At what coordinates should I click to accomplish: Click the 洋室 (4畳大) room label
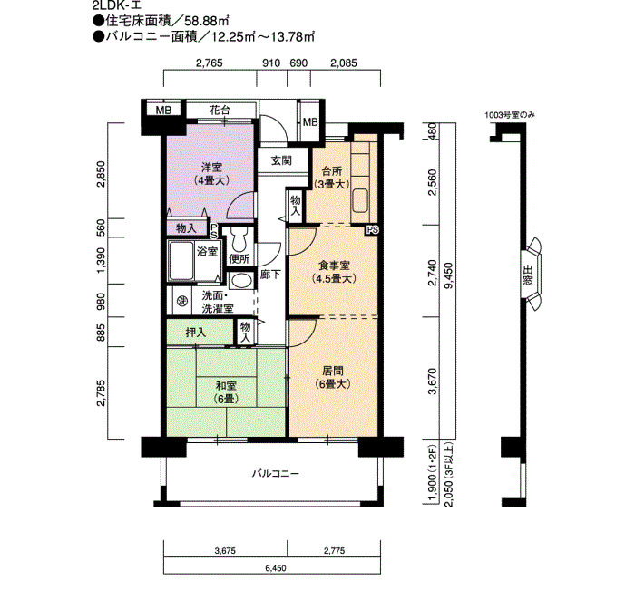tap(211, 174)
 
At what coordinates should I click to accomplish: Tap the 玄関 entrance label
tap(281, 160)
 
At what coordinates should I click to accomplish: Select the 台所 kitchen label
tap(332, 177)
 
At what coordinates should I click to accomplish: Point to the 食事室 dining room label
tap(334, 272)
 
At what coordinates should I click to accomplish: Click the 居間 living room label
tap(333, 377)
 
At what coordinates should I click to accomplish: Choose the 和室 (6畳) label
tap(226, 392)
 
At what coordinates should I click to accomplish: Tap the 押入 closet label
tap(196, 333)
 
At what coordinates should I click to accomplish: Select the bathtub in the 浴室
tap(181, 260)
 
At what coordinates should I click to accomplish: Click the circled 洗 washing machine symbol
tap(182, 302)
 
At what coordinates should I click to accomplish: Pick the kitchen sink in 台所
tap(360, 200)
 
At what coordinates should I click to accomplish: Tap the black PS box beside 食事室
tap(372, 230)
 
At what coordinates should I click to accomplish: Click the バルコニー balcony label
tap(276, 473)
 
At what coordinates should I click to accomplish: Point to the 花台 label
tap(220, 110)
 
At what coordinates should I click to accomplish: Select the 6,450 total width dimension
tap(276, 568)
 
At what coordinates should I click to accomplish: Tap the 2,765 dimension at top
tap(209, 63)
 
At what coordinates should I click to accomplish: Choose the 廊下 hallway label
tap(270, 275)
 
